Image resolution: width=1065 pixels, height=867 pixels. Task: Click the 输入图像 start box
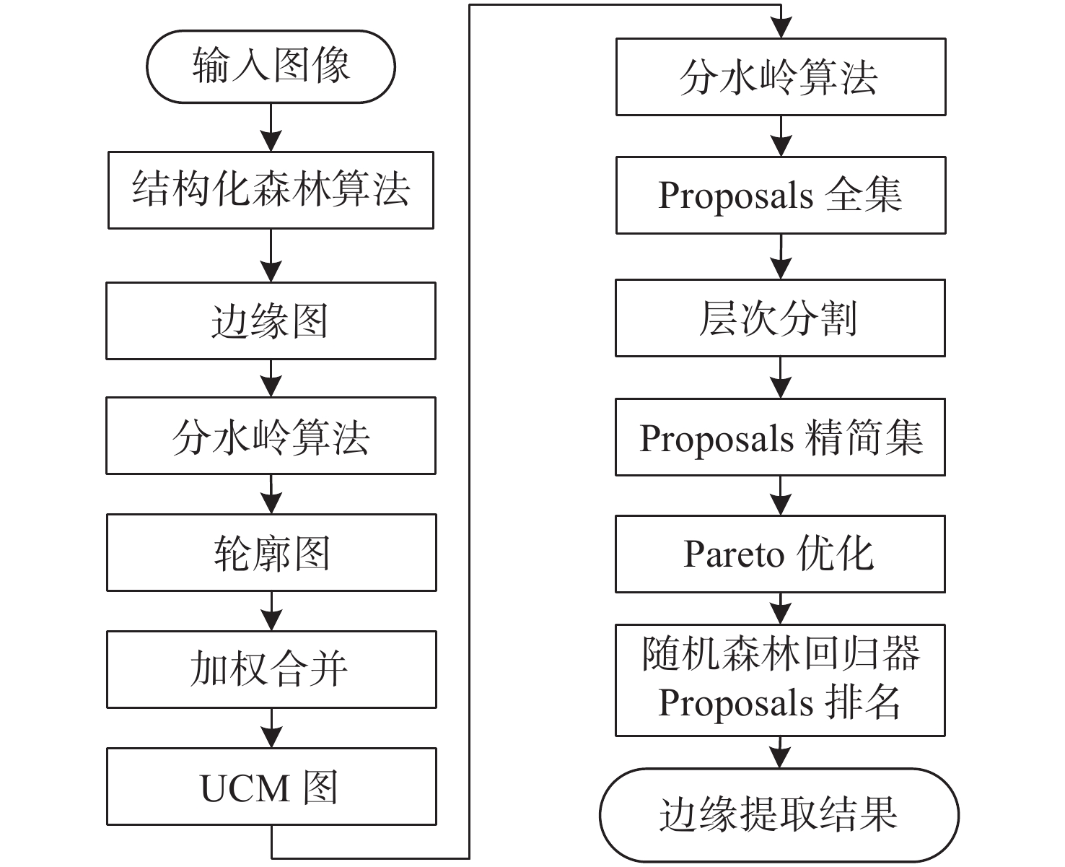[271, 66]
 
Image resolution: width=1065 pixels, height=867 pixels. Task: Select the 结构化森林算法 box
[271, 190]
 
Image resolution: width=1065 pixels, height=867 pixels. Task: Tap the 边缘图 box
[271, 321]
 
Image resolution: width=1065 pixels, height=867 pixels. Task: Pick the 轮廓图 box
[271, 552]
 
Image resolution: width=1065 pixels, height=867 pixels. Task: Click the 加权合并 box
[271, 669]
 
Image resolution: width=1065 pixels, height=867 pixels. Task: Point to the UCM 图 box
[271, 786]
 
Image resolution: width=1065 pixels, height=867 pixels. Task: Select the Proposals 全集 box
[781, 195]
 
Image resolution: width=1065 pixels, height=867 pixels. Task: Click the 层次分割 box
[781, 318]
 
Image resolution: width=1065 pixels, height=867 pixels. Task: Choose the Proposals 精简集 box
[781, 437]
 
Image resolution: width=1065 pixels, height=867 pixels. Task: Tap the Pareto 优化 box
[781, 554]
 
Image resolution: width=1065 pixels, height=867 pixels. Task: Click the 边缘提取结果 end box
[779, 816]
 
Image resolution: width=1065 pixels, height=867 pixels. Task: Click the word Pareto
[734, 554]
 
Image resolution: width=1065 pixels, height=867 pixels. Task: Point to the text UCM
[245, 788]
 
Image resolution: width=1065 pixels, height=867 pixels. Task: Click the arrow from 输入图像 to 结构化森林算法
[271, 128]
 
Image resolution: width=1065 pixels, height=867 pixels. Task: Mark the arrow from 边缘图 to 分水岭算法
[271, 379]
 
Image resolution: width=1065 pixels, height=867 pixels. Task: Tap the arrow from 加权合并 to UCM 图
[271, 728]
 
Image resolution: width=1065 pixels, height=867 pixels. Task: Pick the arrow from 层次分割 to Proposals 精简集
[781, 378]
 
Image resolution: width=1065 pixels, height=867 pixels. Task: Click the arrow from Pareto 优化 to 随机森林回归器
[781, 609]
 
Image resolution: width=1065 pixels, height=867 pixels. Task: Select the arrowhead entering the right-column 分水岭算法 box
[781, 28]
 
